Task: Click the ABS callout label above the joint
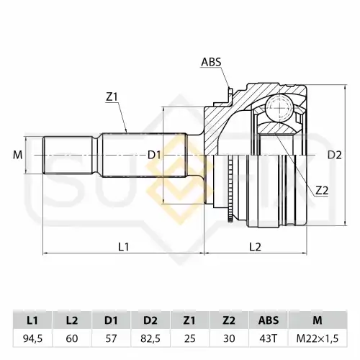click(x=211, y=62)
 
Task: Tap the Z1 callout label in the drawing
click(x=112, y=96)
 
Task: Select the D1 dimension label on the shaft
click(x=154, y=156)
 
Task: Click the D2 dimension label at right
click(x=335, y=156)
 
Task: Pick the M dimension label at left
click(x=17, y=156)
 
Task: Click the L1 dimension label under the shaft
click(x=124, y=246)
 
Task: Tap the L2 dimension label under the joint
click(x=255, y=246)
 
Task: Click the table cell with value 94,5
click(x=32, y=338)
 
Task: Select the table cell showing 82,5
click(x=150, y=338)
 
